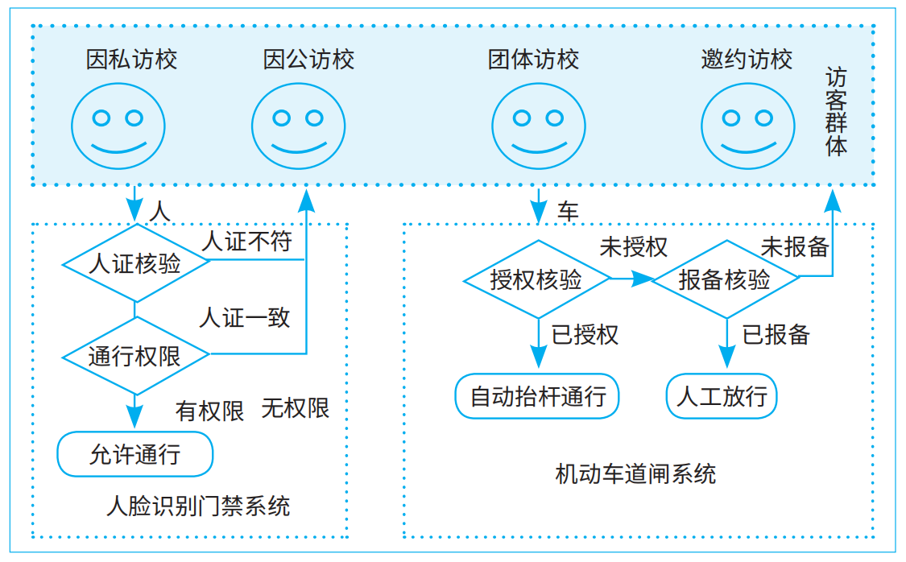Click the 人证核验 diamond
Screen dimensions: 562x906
click(135, 264)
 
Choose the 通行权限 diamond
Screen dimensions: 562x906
click(135, 356)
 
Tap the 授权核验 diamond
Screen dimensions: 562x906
click(536, 279)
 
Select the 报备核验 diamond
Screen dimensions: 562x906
click(725, 279)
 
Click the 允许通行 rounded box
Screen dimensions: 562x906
click(135, 455)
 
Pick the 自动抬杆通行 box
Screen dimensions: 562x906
click(537, 396)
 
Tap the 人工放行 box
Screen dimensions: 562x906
click(722, 396)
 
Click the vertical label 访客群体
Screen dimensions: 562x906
click(837, 113)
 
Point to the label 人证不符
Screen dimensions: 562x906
click(246, 241)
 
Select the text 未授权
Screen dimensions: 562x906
click(633, 246)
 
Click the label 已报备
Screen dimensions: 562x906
click(776, 334)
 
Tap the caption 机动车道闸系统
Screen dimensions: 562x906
click(635, 473)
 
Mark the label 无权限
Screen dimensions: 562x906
click(296, 408)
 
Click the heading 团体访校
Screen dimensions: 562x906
click(534, 59)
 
